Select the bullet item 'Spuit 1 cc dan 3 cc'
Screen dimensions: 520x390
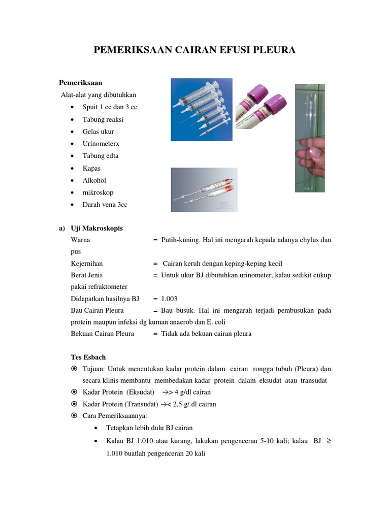pyautogui.click(x=110, y=107)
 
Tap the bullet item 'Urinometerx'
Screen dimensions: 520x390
pyautogui.click(x=101, y=144)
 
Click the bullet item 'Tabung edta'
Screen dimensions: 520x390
pyautogui.click(x=101, y=156)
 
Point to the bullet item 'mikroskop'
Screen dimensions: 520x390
pyautogui.click(x=98, y=192)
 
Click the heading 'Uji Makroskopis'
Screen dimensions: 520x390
pyautogui.click(x=96, y=229)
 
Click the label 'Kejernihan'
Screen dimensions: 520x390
pyautogui.click(x=87, y=264)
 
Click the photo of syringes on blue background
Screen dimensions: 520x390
pyautogui.click(x=201, y=109)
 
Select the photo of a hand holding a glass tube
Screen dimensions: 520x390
pyautogui.click(x=309, y=138)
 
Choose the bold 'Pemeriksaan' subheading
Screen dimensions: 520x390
pyautogui.click(x=81, y=82)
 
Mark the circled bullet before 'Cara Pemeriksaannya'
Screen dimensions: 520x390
pyautogui.click(x=74, y=416)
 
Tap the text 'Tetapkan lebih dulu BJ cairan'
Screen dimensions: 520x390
pyautogui.click(x=149, y=428)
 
